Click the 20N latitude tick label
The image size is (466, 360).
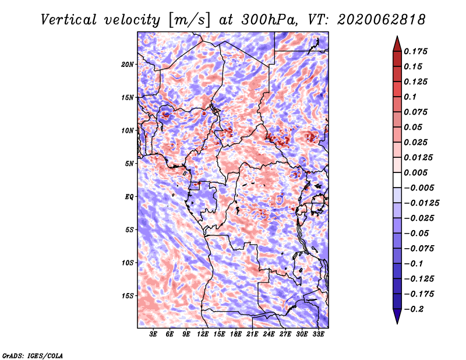pos(128,65)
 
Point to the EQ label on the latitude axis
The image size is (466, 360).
pos(129,197)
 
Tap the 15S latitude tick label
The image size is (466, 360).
pos(128,296)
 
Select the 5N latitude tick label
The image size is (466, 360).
pos(129,164)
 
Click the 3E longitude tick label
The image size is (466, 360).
pos(154,334)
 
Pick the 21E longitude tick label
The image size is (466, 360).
pos(252,334)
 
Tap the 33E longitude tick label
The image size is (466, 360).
pos(318,334)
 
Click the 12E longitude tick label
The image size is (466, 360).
pos(203,334)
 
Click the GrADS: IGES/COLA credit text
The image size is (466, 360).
pos(33,355)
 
